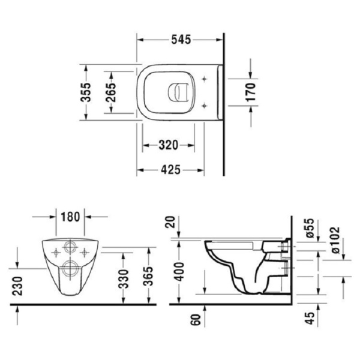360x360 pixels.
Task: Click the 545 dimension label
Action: [x=180, y=40]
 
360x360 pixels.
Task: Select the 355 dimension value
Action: [x=86, y=93]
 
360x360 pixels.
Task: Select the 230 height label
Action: [x=17, y=284]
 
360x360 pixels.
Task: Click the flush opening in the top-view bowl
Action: [x=178, y=92]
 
